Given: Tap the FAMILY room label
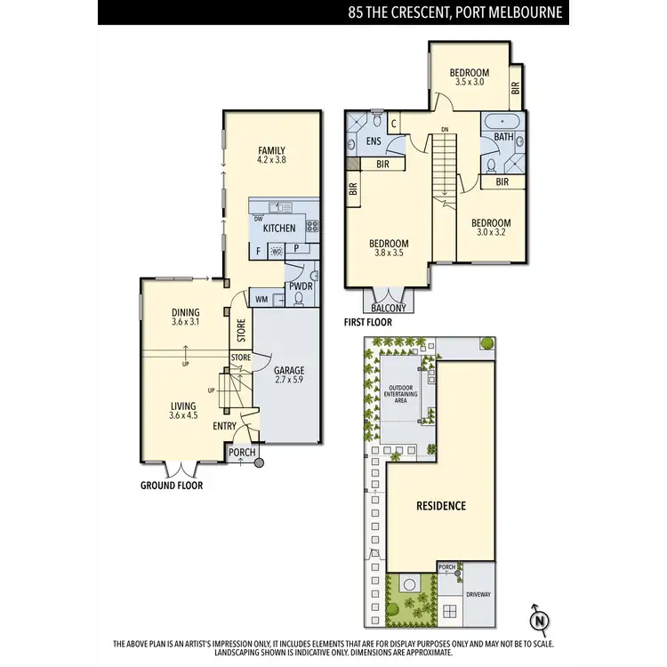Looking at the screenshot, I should click(x=271, y=150).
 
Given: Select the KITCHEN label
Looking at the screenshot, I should click(x=278, y=229).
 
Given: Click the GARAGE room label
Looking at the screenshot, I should click(x=290, y=370).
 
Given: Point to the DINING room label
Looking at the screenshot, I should click(x=185, y=312).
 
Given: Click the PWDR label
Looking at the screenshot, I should click(x=298, y=285).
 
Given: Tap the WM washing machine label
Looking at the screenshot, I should click(x=261, y=300).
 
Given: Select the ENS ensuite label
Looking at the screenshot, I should click(x=374, y=141).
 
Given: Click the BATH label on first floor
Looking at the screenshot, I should click(x=503, y=137).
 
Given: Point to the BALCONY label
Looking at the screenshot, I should click(x=388, y=308).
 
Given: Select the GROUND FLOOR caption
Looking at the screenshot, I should click(x=172, y=486).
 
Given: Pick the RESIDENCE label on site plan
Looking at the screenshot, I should click(x=441, y=506).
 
